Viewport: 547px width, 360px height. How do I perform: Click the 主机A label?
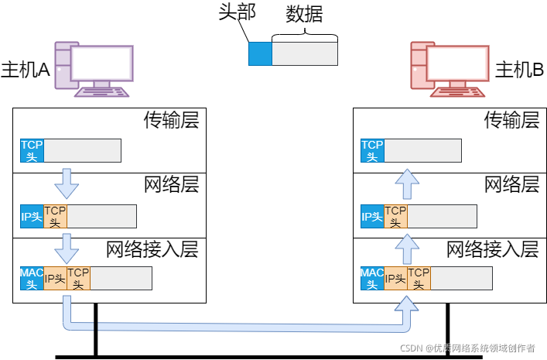tap(26, 69)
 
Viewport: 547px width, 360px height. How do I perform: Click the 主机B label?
tap(519, 69)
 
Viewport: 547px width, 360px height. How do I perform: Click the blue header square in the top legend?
tap(260, 53)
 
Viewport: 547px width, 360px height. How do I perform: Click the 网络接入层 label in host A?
tap(152, 249)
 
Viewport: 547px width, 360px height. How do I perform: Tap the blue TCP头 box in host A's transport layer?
tap(32, 150)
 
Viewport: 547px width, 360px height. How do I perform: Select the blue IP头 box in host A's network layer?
tap(32, 216)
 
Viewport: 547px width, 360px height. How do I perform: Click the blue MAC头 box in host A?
tap(32, 278)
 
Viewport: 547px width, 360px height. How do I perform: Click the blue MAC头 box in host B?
tap(372, 278)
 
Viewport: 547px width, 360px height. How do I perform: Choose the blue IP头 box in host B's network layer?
tap(372, 216)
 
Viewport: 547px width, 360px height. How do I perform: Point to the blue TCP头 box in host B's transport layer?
tap(373, 150)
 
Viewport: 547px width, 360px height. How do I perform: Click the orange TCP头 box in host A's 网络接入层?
tap(78, 278)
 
